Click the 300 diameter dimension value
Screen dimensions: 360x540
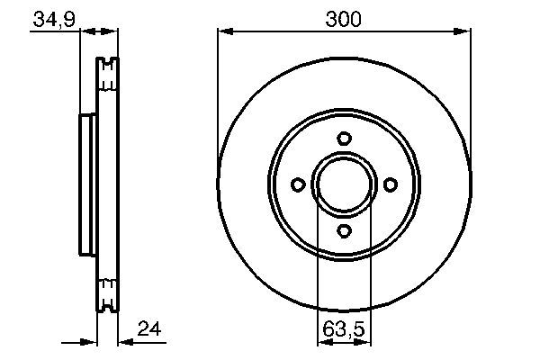pos(344,18)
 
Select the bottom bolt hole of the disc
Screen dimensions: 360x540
pos(344,230)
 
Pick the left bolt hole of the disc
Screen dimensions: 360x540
pos(297,184)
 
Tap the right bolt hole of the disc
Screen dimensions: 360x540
pos(390,184)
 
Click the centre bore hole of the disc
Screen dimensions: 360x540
pos(344,184)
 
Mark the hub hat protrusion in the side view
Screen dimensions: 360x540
pos(87,184)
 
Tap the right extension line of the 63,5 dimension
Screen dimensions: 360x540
pos(369,270)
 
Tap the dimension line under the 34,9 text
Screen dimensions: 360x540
pos(54,32)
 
